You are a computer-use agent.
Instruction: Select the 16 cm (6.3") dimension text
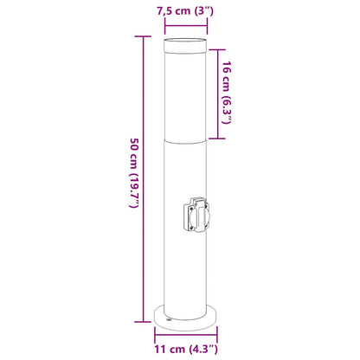pos(226,93)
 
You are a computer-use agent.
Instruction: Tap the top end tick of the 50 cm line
pos(143,40)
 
